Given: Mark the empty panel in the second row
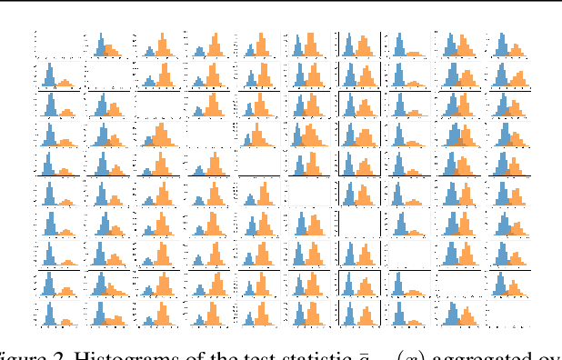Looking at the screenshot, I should [x=108, y=75].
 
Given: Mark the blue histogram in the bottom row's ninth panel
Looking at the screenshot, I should [x=451, y=311].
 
